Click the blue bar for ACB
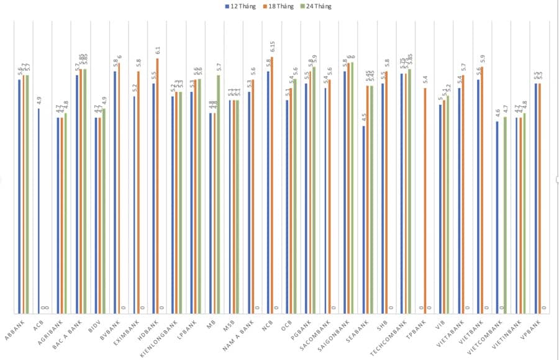(x=39, y=211)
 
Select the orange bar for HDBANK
(x=157, y=186)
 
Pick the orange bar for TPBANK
(x=425, y=201)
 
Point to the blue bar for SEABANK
(x=364, y=220)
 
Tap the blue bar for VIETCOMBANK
(x=498, y=217)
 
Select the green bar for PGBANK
(x=314, y=190)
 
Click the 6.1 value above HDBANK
(x=158, y=50)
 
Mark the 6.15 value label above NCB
(x=272, y=47)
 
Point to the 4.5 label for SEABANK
(x=365, y=118)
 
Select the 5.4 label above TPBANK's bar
(x=425, y=80)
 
